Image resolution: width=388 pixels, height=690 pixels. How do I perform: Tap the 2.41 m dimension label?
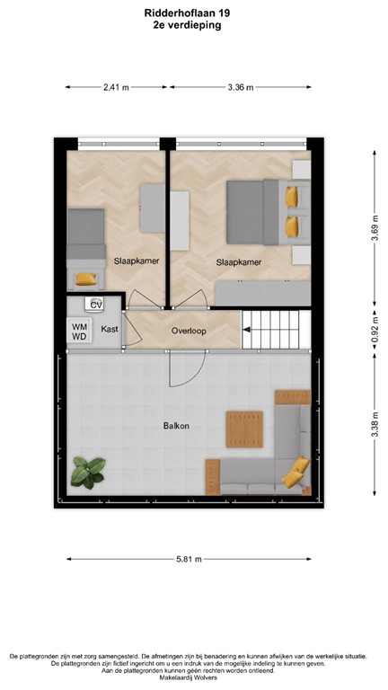click(x=117, y=87)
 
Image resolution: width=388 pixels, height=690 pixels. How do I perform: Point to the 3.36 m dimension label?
click(x=239, y=87)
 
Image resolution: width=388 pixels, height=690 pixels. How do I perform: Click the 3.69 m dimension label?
click(x=374, y=229)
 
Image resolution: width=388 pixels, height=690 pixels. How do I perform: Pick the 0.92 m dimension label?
click(x=374, y=332)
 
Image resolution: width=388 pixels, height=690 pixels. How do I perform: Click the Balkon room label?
click(x=176, y=425)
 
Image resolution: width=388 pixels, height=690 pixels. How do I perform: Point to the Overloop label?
click(x=189, y=331)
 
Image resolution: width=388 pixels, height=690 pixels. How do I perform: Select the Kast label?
click(x=110, y=330)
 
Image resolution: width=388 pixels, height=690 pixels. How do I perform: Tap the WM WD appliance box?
click(x=80, y=332)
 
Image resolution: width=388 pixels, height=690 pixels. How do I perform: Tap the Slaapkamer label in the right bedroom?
click(x=239, y=262)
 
